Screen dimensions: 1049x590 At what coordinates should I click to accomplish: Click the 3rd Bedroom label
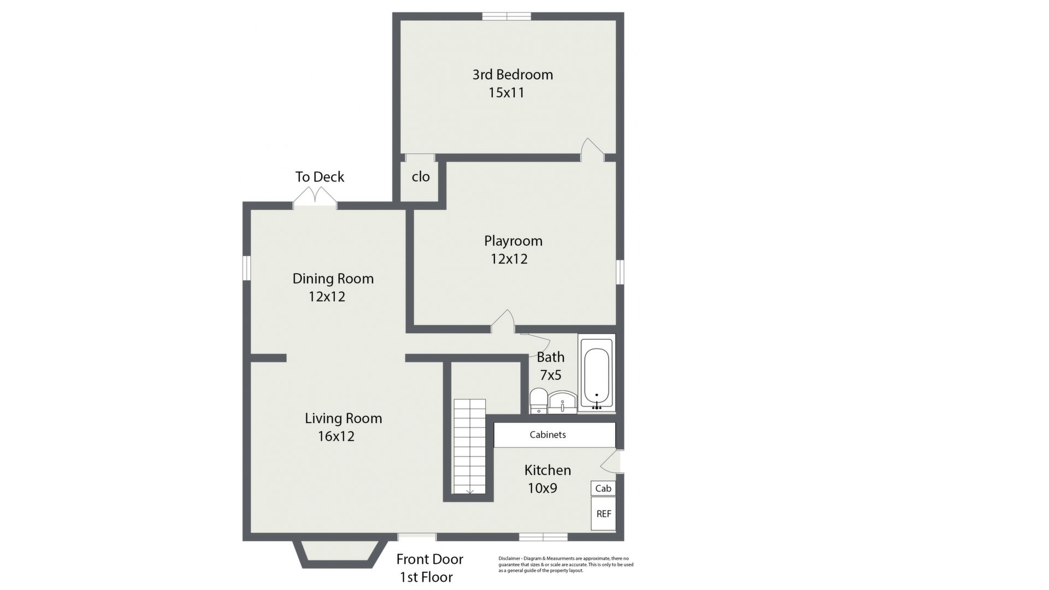pos(512,75)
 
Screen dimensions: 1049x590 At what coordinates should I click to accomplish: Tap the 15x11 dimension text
pos(506,93)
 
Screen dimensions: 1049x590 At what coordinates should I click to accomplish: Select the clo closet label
pos(421,176)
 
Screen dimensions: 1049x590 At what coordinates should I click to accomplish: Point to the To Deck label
pos(320,177)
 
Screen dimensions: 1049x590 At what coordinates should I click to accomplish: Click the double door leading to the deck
pos(315,197)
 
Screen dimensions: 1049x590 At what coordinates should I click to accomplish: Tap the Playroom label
pos(513,241)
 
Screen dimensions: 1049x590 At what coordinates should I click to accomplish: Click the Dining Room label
pos(333,279)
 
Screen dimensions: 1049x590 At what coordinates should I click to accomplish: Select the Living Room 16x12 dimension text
pos(336,436)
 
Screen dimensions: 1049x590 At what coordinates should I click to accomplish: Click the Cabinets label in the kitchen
pos(547,435)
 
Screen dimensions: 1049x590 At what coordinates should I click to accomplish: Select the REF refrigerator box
pos(603,514)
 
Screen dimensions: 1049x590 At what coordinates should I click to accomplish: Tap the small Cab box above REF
pos(603,488)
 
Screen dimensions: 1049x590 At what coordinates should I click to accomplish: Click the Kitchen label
pos(547,470)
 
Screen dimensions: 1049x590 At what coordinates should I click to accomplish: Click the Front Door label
pos(429,559)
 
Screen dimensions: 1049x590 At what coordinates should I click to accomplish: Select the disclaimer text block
pos(565,564)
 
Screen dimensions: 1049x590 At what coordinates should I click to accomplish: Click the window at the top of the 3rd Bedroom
pos(506,16)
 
